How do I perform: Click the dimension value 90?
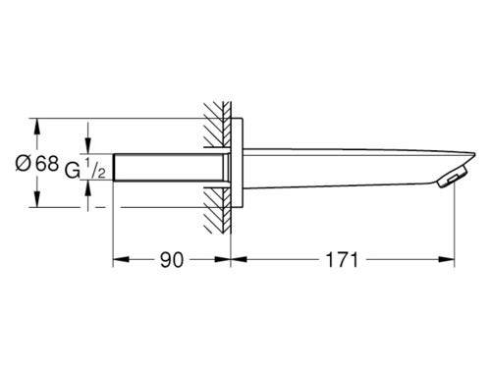click(172, 260)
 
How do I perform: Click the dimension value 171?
click(343, 260)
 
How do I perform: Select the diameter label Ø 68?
click(37, 163)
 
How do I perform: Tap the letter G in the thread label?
click(73, 171)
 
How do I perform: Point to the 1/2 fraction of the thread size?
click(95, 168)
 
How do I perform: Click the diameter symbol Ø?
click(23, 163)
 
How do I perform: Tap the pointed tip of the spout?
click(474, 153)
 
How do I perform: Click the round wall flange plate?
click(237, 163)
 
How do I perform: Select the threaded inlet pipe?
click(171, 167)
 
